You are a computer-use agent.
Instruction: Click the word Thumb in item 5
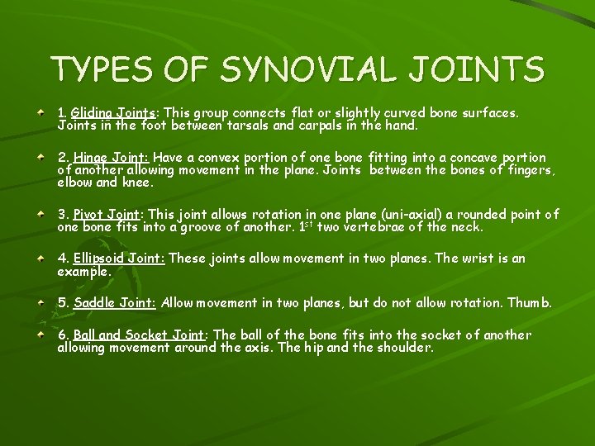click(530, 303)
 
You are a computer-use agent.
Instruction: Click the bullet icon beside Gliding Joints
click(40, 109)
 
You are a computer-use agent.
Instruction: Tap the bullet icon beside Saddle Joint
click(40, 301)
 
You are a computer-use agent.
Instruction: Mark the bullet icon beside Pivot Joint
click(40, 213)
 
